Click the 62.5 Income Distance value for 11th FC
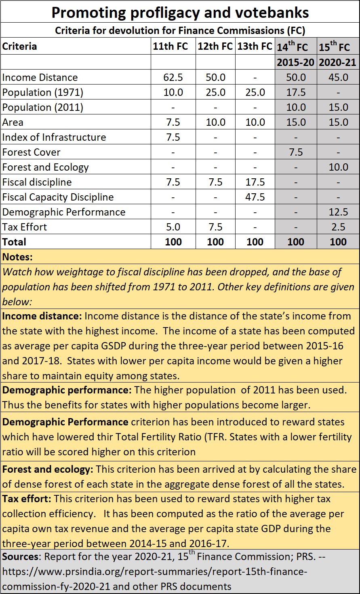(173, 77)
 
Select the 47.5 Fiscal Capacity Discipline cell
(255, 197)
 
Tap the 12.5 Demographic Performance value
(338, 212)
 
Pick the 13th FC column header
(255, 46)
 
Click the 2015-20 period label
(296, 62)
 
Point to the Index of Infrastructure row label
(54, 137)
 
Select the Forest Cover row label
(31, 152)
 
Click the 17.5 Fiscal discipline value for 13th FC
(255, 182)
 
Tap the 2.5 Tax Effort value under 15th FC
(338, 227)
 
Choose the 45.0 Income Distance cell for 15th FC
(338, 77)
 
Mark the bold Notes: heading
(17, 257)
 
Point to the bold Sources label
(20, 556)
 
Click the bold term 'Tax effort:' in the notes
(27, 499)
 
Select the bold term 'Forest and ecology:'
(48, 469)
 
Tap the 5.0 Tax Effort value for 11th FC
(173, 227)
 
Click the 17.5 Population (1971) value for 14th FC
(296, 92)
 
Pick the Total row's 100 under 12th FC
(215, 242)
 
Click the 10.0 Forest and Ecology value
(338, 167)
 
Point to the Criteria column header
(19, 46)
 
